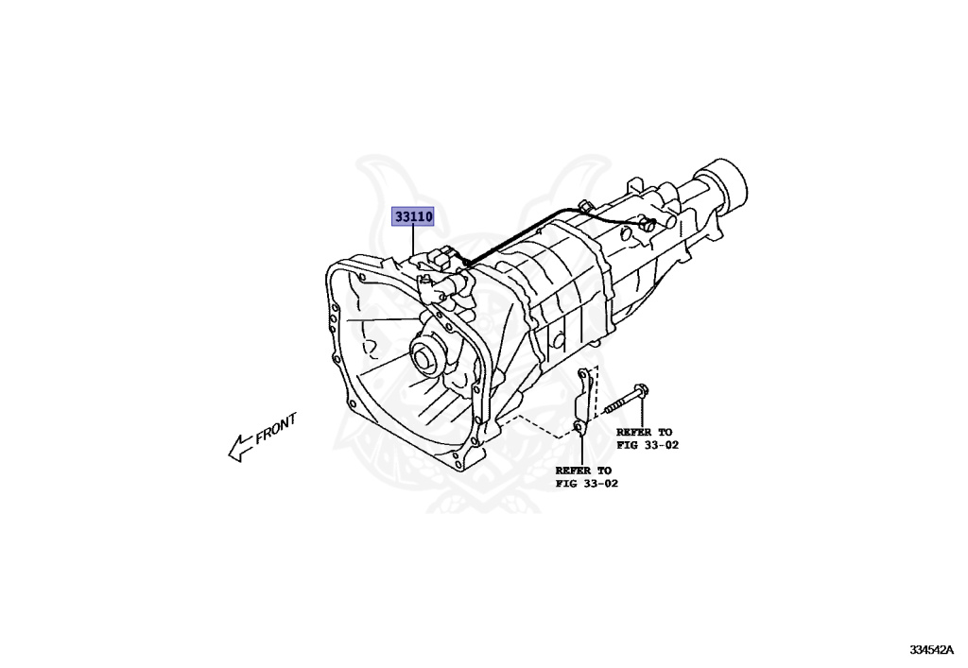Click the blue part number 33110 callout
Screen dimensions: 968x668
pos(413,217)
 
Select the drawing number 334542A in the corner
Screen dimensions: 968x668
pos(931,650)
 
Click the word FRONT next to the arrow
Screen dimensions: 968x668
pos(276,428)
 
